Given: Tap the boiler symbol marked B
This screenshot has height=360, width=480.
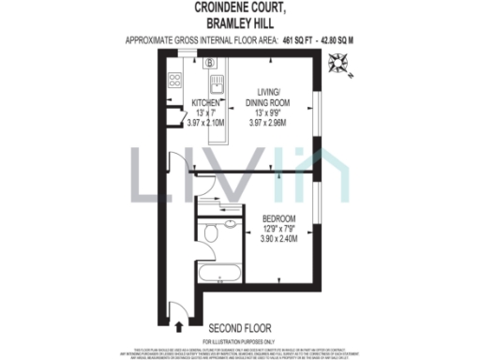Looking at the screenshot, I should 211,64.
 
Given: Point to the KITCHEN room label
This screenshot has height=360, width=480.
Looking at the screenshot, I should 206,102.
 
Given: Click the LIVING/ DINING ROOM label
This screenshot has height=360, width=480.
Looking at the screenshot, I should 268,96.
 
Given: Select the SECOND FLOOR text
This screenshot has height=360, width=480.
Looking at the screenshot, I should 240,328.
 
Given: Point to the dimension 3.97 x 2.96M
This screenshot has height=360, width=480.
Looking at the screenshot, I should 268,120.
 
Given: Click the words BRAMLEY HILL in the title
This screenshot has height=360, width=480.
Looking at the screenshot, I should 239,22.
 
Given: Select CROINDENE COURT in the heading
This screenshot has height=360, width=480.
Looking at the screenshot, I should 239,7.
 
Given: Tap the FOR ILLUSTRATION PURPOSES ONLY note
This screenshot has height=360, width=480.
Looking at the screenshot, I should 239,341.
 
